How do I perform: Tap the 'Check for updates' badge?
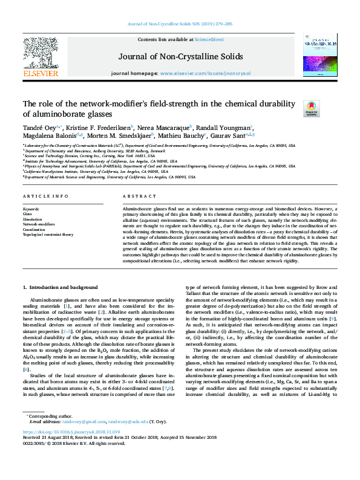pos(294,108)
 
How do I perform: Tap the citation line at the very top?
pos(180,24)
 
